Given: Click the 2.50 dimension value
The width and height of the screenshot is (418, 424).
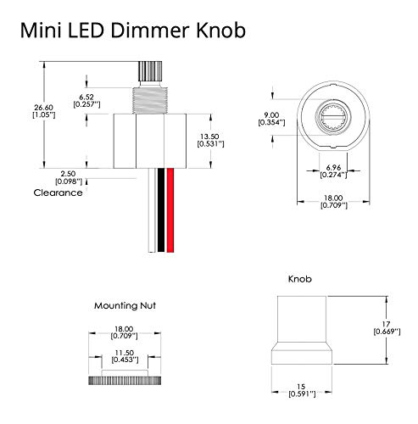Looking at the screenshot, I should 68,173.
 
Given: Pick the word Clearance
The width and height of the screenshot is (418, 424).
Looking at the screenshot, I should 58,192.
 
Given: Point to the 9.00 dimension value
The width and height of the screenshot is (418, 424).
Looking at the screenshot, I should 270,115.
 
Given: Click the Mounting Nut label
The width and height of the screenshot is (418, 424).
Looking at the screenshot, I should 125,304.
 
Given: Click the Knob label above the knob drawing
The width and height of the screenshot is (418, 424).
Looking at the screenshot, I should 302,278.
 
